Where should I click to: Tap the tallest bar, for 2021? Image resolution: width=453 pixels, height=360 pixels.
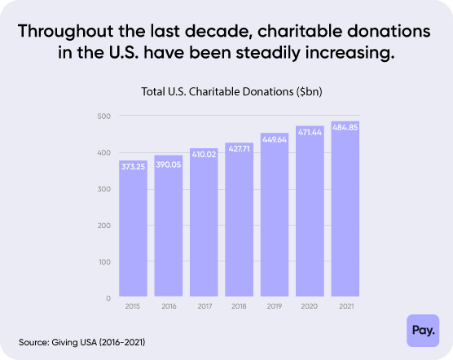[x=345, y=212]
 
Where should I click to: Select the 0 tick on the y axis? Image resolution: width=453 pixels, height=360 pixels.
[x=107, y=298]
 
